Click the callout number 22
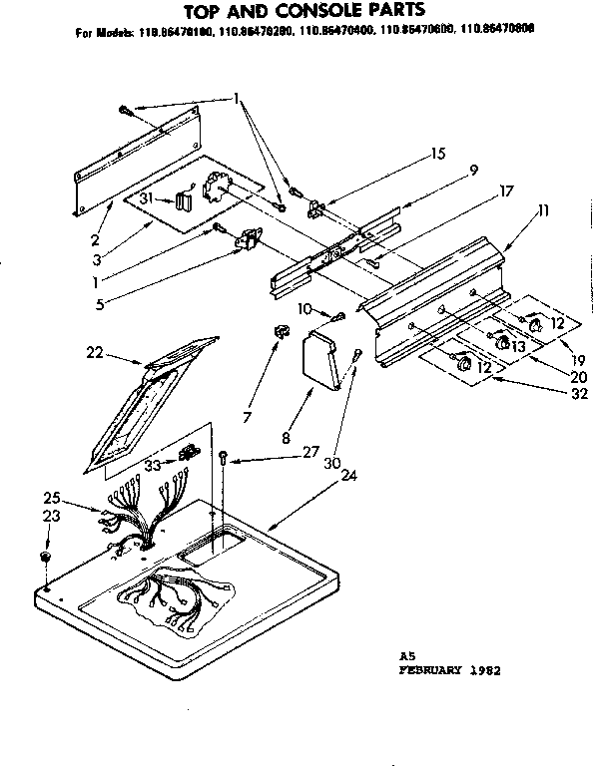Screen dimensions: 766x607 tap(94, 352)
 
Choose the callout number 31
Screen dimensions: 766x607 tap(145, 198)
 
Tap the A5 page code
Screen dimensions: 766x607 tap(406, 656)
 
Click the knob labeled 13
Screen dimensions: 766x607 tap(492, 342)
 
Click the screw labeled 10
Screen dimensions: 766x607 tap(340, 316)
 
